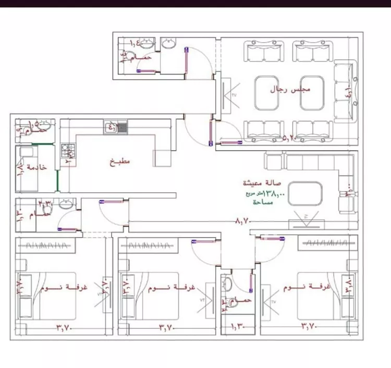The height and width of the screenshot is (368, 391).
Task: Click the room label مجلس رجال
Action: (290, 89)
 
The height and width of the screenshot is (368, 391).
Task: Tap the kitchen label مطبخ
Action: (120, 162)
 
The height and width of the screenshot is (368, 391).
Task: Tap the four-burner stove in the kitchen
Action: (68, 151)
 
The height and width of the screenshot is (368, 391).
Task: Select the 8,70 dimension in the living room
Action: (243, 222)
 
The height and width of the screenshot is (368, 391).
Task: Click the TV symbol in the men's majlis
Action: (228, 96)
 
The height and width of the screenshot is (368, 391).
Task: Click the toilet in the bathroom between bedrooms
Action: (227, 284)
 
